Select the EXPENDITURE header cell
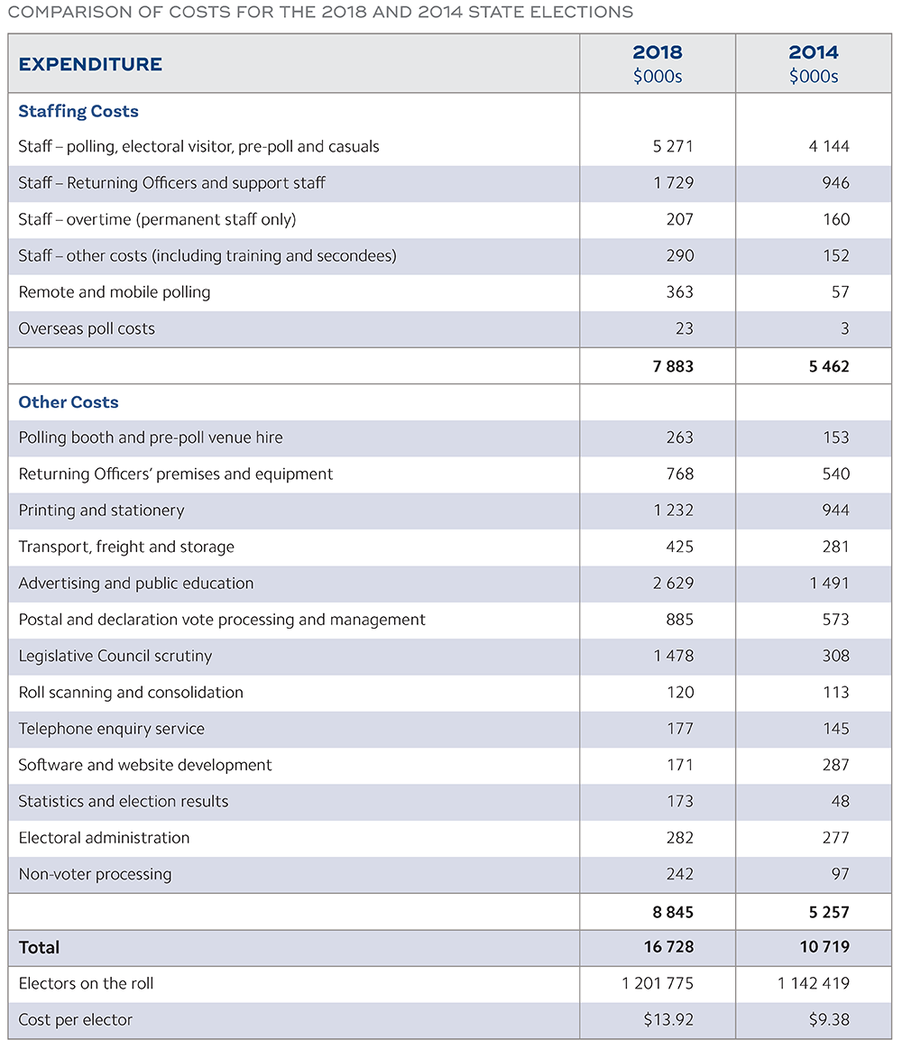tap(90, 64)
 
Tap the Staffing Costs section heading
tap(78, 112)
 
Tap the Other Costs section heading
tap(69, 402)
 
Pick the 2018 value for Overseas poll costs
tap(684, 329)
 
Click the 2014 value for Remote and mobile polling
tap(839, 292)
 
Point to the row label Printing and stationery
tap(101, 511)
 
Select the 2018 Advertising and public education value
tap(673, 584)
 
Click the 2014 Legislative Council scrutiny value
tap(835, 656)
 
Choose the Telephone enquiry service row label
tap(111, 729)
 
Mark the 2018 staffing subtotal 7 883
tap(673, 367)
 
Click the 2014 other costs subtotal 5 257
tap(829, 912)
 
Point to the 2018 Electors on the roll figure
tap(658, 983)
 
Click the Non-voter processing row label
tap(95, 874)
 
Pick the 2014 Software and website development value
tap(835, 765)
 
